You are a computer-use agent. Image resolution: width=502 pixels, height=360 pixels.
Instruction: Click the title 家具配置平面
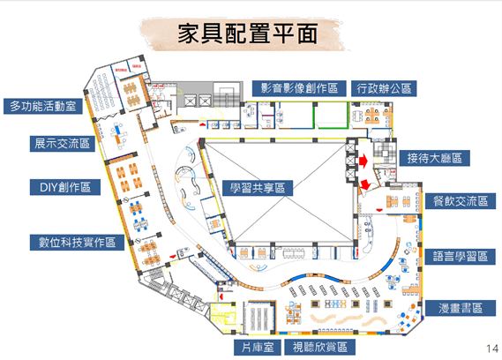247,34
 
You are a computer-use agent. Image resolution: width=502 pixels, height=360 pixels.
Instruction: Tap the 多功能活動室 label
43,106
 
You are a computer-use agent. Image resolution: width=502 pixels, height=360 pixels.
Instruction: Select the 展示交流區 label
63,144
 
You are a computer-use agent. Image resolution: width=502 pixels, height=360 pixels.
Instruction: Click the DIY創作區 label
65,187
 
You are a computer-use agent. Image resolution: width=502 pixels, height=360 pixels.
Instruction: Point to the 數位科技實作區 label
77,242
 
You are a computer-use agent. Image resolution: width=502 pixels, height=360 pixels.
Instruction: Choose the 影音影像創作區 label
299,88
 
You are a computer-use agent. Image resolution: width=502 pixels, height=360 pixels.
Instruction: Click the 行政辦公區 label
384,88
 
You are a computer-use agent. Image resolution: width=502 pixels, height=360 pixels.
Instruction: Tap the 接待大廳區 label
434,158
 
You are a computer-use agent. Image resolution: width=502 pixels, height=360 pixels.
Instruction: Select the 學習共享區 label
258,188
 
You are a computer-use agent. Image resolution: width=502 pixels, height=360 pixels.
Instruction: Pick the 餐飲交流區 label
461,201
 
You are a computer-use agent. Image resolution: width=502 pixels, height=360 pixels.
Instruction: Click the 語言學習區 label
460,256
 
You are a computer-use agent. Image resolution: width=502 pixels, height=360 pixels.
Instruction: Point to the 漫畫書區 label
460,308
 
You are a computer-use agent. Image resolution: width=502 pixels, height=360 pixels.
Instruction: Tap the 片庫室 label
257,347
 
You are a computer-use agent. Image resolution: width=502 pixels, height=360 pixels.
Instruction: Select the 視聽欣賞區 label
320,347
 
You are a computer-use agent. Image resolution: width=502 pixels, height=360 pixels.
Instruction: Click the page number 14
492,349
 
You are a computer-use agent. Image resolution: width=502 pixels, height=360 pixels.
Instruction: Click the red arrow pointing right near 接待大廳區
363,161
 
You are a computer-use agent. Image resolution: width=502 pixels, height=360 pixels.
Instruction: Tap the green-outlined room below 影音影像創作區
332,116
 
